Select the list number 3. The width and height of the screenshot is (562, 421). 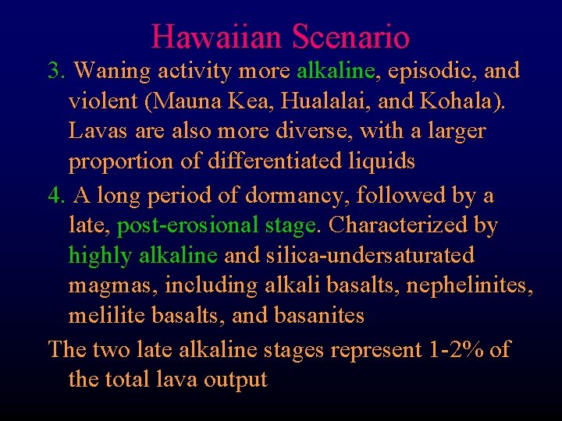coord(56,71)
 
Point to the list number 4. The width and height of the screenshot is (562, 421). coord(56,195)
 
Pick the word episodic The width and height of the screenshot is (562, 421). coord(430,71)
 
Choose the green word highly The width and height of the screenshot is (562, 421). coord(100,256)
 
